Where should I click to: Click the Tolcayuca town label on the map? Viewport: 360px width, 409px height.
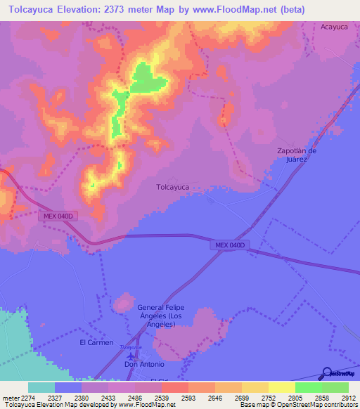tap(172, 187)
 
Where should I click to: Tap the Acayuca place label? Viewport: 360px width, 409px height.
tap(334, 26)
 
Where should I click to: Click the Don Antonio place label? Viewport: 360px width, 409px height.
tap(144, 364)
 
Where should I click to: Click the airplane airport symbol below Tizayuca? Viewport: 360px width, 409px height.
tap(129, 356)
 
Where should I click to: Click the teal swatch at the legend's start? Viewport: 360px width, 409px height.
tap(41, 387)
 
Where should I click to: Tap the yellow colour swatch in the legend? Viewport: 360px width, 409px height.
tap(281, 387)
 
